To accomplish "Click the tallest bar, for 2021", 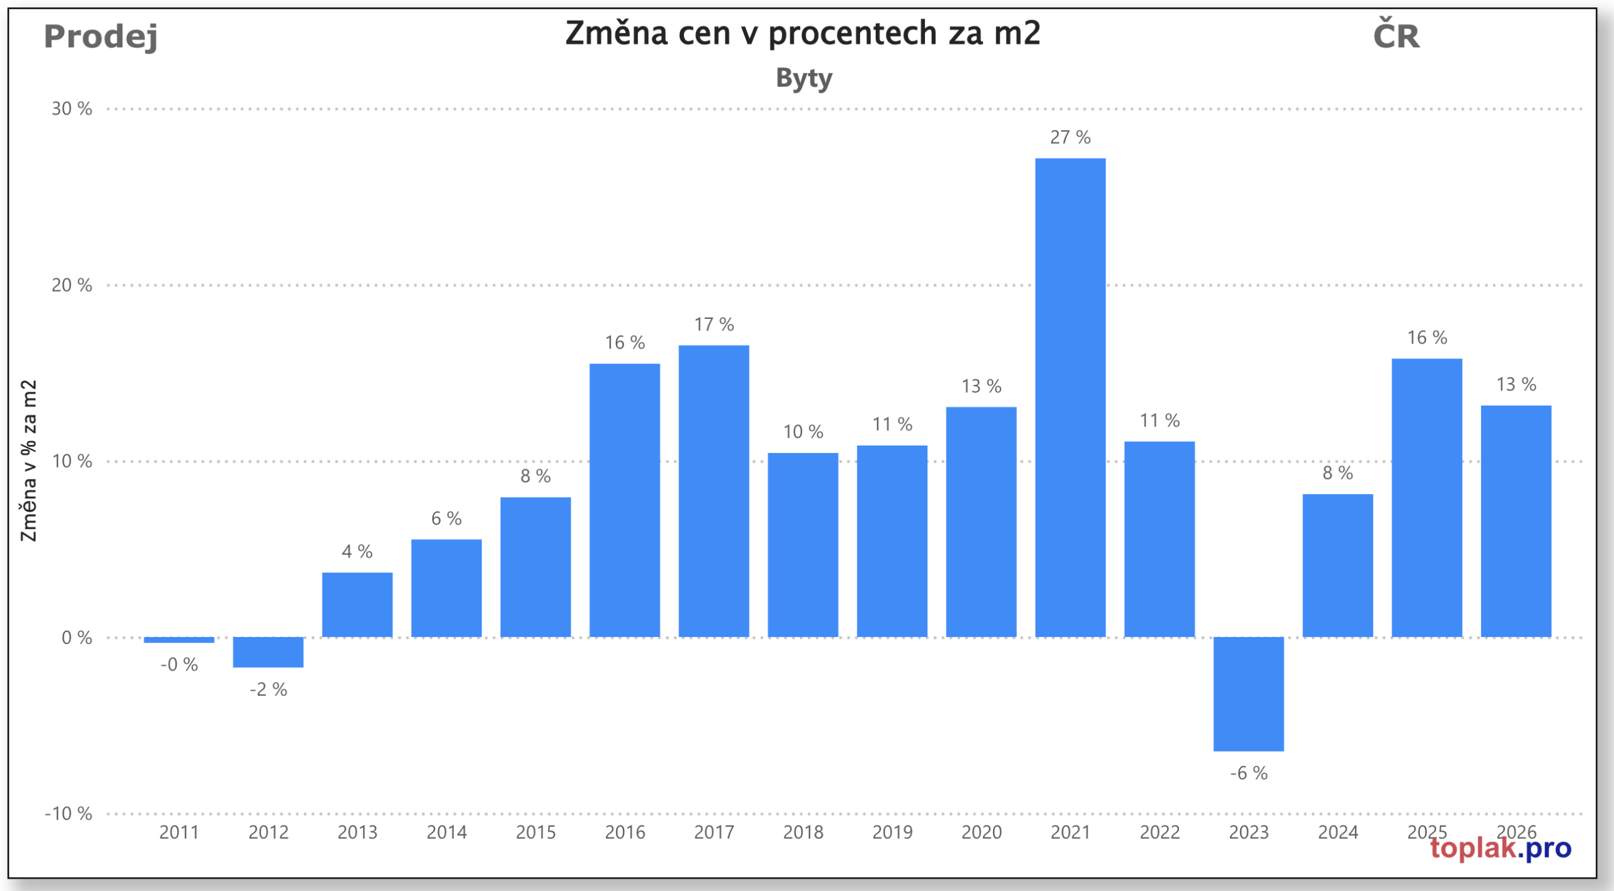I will coord(1070,397).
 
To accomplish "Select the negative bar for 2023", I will coord(1248,694).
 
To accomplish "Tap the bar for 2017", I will coord(714,491).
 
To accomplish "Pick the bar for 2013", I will coord(357,604).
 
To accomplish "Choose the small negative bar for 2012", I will coord(268,652).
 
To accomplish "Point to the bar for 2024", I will coord(1337,565).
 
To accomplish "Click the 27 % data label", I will coord(1070,137).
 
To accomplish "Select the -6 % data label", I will coord(1248,773).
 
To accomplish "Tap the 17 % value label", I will coord(714,325).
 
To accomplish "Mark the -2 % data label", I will coord(268,689).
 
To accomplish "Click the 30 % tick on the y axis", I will coord(72,109).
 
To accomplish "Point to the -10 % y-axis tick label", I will coord(68,813).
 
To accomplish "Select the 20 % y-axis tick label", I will coord(72,285).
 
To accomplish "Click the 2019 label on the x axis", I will coord(892,832).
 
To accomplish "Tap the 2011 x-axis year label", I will coord(179,832).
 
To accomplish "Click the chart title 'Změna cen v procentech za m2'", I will coord(803,33).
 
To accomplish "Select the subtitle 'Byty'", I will coord(804,79).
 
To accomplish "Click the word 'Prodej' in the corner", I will coord(101,37).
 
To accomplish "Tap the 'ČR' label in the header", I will coord(1396,35).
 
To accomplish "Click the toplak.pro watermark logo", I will coord(1501,849).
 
